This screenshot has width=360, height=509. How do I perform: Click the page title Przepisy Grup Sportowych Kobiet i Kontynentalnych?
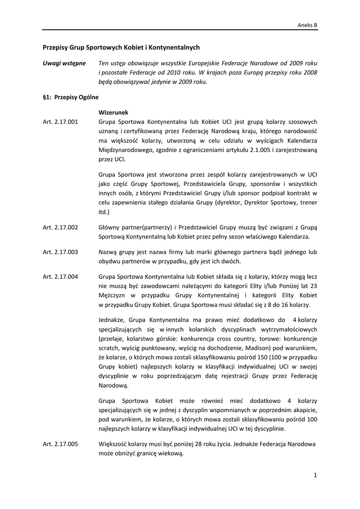(x=121, y=47)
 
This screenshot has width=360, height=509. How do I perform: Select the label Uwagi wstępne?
(x=64, y=64)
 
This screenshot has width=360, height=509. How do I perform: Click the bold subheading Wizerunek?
(x=113, y=112)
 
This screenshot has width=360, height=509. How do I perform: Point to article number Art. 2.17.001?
(x=61, y=122)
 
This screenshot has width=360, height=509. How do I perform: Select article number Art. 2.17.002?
(x=61, y=227)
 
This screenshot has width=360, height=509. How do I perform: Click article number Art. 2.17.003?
(x=61, y=252)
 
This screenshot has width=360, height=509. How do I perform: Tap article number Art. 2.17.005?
(x=61, y=444)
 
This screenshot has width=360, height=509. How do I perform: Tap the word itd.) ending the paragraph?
(x=105, y=212)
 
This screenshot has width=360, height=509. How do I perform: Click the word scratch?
(x=109, y=347)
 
